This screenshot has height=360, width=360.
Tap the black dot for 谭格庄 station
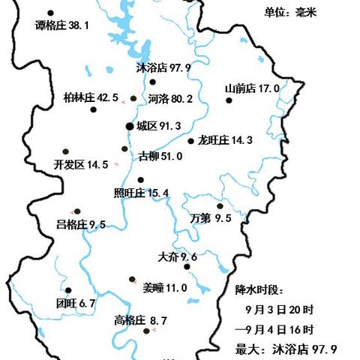point(50,13)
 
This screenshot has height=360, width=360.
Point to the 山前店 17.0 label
point(252,88)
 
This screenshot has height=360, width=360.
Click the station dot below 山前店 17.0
point(229,102)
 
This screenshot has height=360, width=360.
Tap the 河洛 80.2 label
point(170,98)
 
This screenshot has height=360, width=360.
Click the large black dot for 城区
point(130,127)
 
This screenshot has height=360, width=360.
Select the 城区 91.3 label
point(159,126)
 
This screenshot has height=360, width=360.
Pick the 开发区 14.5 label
point(81,164)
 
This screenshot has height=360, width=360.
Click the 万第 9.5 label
point(211,218)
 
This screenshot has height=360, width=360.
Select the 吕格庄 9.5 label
point(81,224)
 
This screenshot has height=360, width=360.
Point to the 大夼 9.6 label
point(177,257)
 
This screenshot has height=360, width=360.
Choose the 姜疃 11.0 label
point(164,286)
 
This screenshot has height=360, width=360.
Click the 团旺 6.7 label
point(76,303)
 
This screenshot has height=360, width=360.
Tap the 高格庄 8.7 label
point(140,321)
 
